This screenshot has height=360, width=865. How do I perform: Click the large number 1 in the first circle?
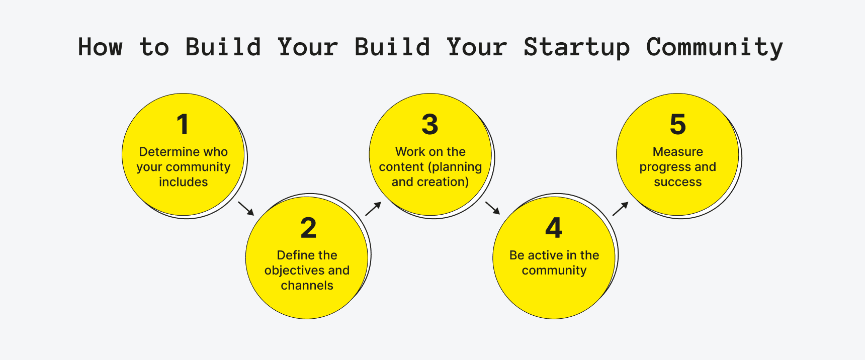tap(183, 124)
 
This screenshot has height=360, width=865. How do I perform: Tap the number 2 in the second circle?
tap(308, 228)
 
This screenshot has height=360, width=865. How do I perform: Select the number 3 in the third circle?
tap(430, 124)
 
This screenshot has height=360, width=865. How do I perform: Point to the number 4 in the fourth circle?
tap(554, 228)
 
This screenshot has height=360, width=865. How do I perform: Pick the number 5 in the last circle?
tap(677, 124)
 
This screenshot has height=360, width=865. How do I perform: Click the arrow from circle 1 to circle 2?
tap(246, 208)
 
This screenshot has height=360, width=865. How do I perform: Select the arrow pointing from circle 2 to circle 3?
tap(373, 209)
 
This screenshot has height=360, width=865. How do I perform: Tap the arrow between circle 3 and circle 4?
tap(492, 208)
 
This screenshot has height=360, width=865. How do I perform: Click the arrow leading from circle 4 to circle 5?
tap(620, 209)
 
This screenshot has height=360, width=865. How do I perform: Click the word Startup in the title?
tap(576, 47)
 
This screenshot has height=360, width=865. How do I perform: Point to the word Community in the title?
tap(714, 47)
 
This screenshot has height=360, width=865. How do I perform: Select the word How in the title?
tap(100, 47)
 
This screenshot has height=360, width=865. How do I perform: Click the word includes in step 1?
tap(183, 182)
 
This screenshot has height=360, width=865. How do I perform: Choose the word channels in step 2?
tap(307, 286)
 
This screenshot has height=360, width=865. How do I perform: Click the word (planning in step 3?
tap(455, 167)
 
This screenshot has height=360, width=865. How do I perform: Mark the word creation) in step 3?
tap(444, 182)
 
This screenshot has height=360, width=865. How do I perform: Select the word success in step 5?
tap(677, 182)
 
